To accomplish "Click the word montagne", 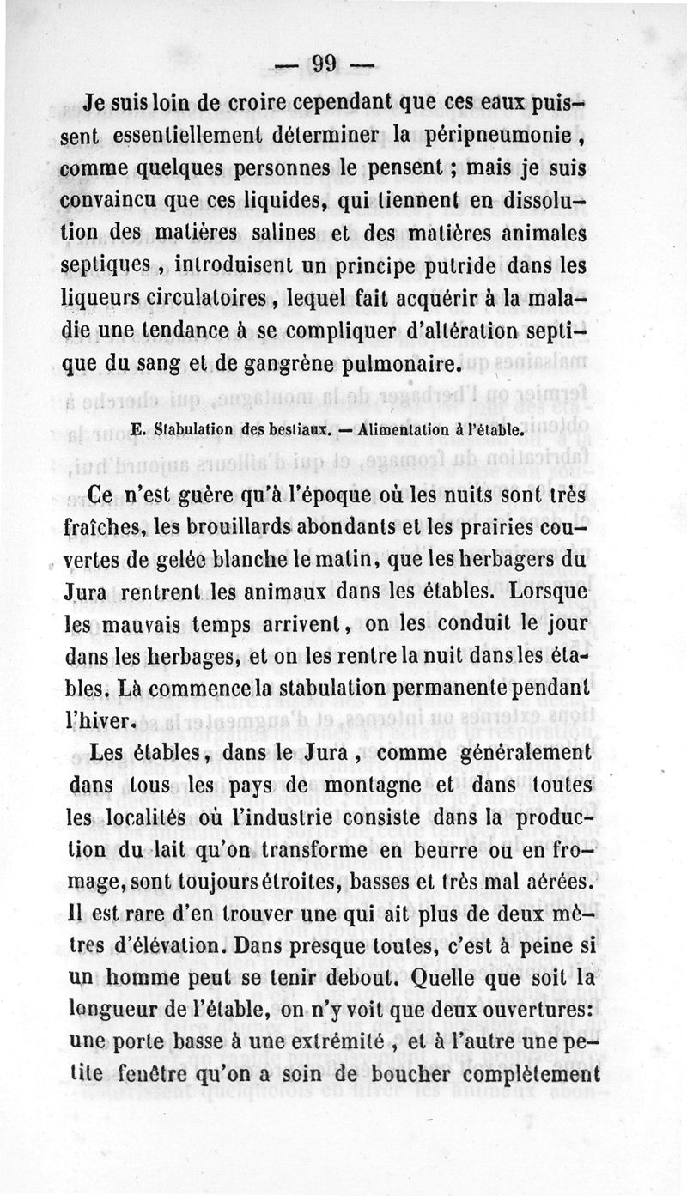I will click(350, 786).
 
